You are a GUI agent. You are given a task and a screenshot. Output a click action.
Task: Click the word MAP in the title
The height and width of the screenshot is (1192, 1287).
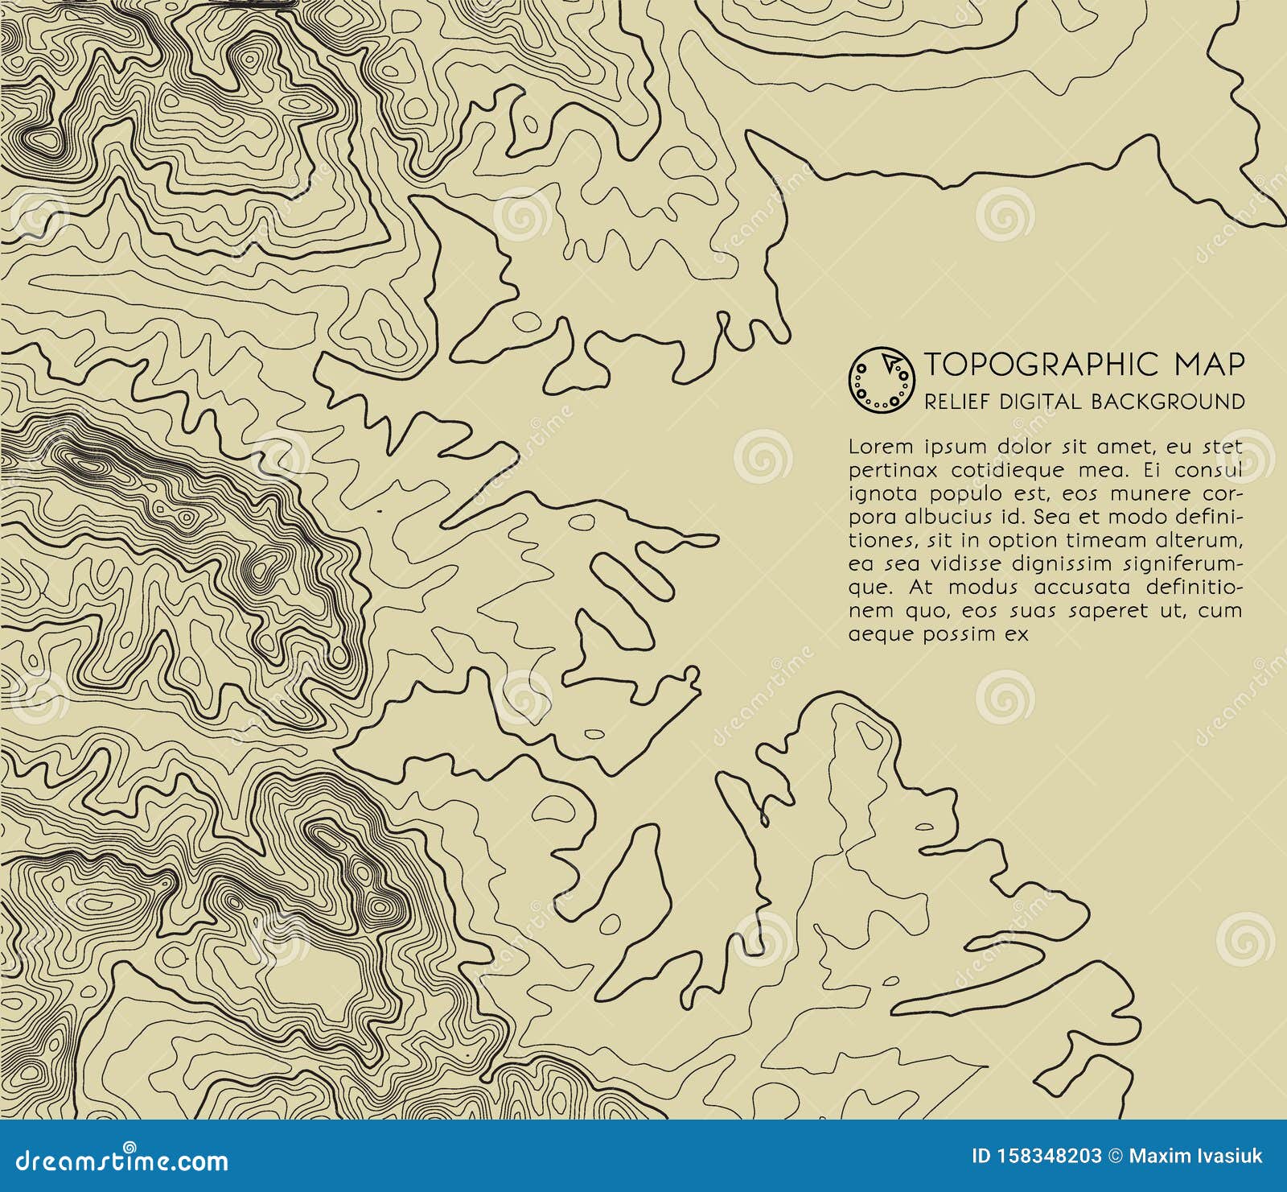pos(1209,365)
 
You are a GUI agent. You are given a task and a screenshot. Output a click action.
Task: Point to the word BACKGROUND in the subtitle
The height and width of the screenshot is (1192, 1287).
pos(1167,401)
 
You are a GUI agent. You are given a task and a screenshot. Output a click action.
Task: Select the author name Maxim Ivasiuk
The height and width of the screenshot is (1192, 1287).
pos(1195,1157)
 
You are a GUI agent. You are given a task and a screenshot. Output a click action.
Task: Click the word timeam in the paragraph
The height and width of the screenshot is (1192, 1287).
pos(1096,540)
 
